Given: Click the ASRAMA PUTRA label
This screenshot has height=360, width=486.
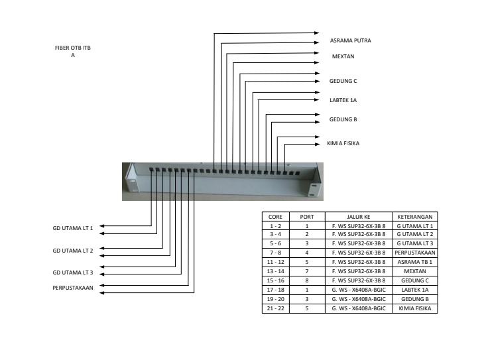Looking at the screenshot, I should pos(350,40).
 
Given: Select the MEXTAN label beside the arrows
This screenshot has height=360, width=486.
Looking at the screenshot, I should pos(343,56).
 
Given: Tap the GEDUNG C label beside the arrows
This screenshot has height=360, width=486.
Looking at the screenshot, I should pos(343,81).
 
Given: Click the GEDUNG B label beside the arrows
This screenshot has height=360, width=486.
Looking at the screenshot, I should pos(343,119).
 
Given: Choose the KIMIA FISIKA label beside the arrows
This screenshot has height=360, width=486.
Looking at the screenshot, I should pos(343,143).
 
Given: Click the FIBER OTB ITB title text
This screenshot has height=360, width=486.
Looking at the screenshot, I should pos(73,48).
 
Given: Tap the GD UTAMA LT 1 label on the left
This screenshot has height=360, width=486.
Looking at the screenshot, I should pos(73,228).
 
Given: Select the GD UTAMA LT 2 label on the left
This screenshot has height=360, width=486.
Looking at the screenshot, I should pos(73,251).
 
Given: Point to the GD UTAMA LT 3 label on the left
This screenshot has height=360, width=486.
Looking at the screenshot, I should pos(73,272).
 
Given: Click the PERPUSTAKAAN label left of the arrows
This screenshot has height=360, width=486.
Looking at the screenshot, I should pos(72,288).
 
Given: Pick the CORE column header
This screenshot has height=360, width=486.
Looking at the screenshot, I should pos(274,217).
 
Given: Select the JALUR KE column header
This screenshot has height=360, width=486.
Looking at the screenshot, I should pos(358,217).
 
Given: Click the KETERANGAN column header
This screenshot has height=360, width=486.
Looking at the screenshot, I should pos(415,217).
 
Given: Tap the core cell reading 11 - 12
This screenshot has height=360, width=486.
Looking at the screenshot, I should pos(274,262).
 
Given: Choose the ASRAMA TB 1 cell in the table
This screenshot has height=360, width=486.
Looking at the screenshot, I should pos(415,262).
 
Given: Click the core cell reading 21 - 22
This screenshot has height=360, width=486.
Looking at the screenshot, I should pos(274,308).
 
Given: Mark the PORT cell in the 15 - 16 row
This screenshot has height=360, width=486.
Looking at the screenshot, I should pos(307,280).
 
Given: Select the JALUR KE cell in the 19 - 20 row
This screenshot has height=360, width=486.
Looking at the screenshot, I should pos(358,299).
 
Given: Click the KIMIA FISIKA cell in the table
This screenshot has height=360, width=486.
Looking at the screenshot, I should pos(415,308).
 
